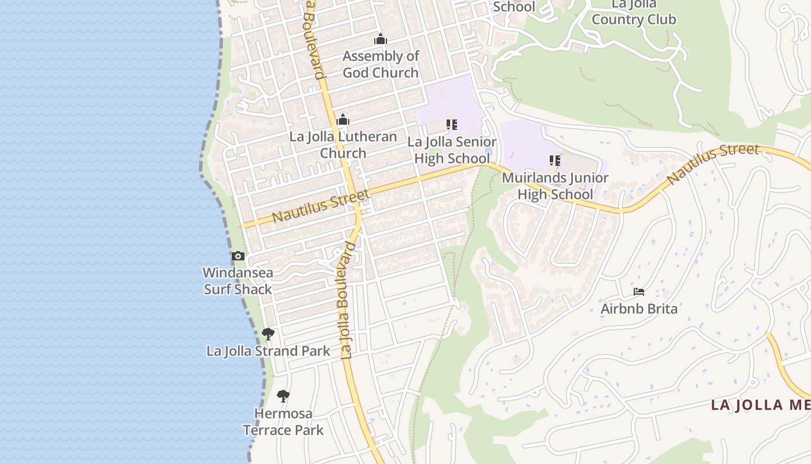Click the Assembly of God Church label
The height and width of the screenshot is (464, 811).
tap(381, 64)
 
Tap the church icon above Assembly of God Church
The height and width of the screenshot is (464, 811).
tap(381, 39)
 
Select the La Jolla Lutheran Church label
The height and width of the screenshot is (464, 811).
tap(344, 145)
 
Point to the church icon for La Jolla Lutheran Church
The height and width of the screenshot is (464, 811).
tap(343, 120)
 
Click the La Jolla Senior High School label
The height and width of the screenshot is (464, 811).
tap(452, 150)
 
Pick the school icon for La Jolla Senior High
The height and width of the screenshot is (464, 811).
tap(452, 125)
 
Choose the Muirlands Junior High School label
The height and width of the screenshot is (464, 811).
tap(555, 186)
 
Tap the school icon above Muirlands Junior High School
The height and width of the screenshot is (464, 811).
tap(555, 160)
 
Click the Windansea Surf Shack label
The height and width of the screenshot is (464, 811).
tap(238, 281)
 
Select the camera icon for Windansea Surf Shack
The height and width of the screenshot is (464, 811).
tap(238, 256)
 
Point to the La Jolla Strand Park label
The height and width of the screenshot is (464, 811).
tap(268, 351)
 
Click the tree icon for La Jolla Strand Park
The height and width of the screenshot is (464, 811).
tap(268, 333)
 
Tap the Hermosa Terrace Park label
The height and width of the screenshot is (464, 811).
tap(283, 422)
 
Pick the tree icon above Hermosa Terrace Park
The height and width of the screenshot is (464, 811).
tap(283, 396)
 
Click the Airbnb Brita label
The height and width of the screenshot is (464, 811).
tap(639, 308)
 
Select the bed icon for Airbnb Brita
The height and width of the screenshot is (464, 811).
tap(639, 291)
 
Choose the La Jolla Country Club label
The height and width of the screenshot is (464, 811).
tap(634, 12)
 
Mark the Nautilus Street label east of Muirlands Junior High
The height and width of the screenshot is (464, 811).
tap(713, 164)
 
